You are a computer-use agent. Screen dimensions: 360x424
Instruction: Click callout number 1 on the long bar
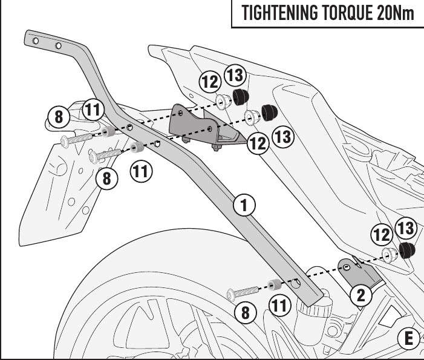244,206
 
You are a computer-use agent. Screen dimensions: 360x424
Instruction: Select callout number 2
361,296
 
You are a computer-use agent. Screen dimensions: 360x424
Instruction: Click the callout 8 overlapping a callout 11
59,117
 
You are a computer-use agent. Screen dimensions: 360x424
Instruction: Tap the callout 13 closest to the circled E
405,229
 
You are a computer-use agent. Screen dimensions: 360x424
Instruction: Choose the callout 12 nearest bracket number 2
382,235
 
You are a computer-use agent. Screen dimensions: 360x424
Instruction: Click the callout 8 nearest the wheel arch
246,312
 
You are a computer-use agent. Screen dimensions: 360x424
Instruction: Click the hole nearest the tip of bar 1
35,41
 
